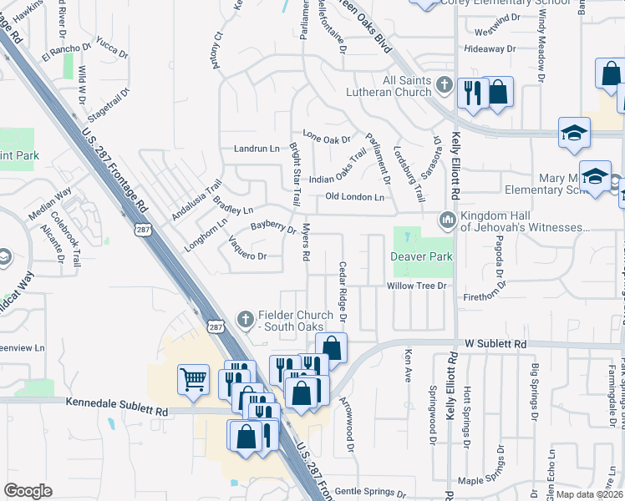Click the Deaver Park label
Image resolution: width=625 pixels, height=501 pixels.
click(422, 257)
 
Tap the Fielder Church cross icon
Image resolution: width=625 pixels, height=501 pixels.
click(246, 318)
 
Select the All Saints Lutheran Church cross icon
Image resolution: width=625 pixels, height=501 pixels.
click(444, 85)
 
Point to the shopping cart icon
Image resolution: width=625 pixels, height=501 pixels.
click(193, 379)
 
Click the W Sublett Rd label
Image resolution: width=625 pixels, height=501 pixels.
click(496, 343)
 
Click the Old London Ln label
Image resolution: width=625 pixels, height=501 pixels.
click(354, 197)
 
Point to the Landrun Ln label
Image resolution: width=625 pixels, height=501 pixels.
click(256, 149)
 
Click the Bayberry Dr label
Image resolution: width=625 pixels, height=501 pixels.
click(273, 227)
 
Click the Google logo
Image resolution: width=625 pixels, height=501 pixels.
click(28, 491)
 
